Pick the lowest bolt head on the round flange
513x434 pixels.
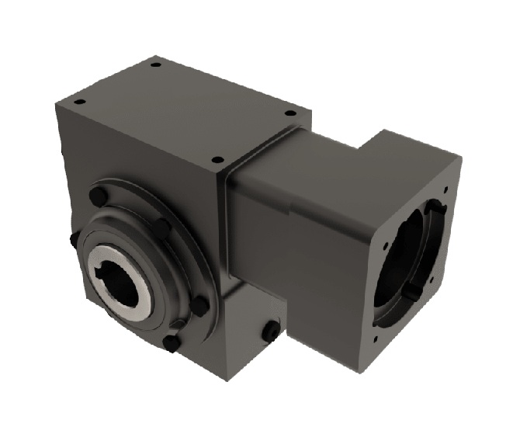click(x=172, y=342)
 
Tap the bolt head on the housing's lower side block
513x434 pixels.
click(x=271, y=332)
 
